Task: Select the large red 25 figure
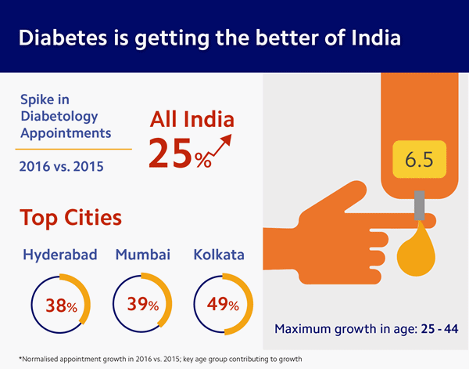coord(170,153)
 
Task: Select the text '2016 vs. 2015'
coord(59,166)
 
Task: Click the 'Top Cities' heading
coord(70,217)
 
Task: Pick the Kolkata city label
coord(219,256)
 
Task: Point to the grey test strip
coord(419,211)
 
